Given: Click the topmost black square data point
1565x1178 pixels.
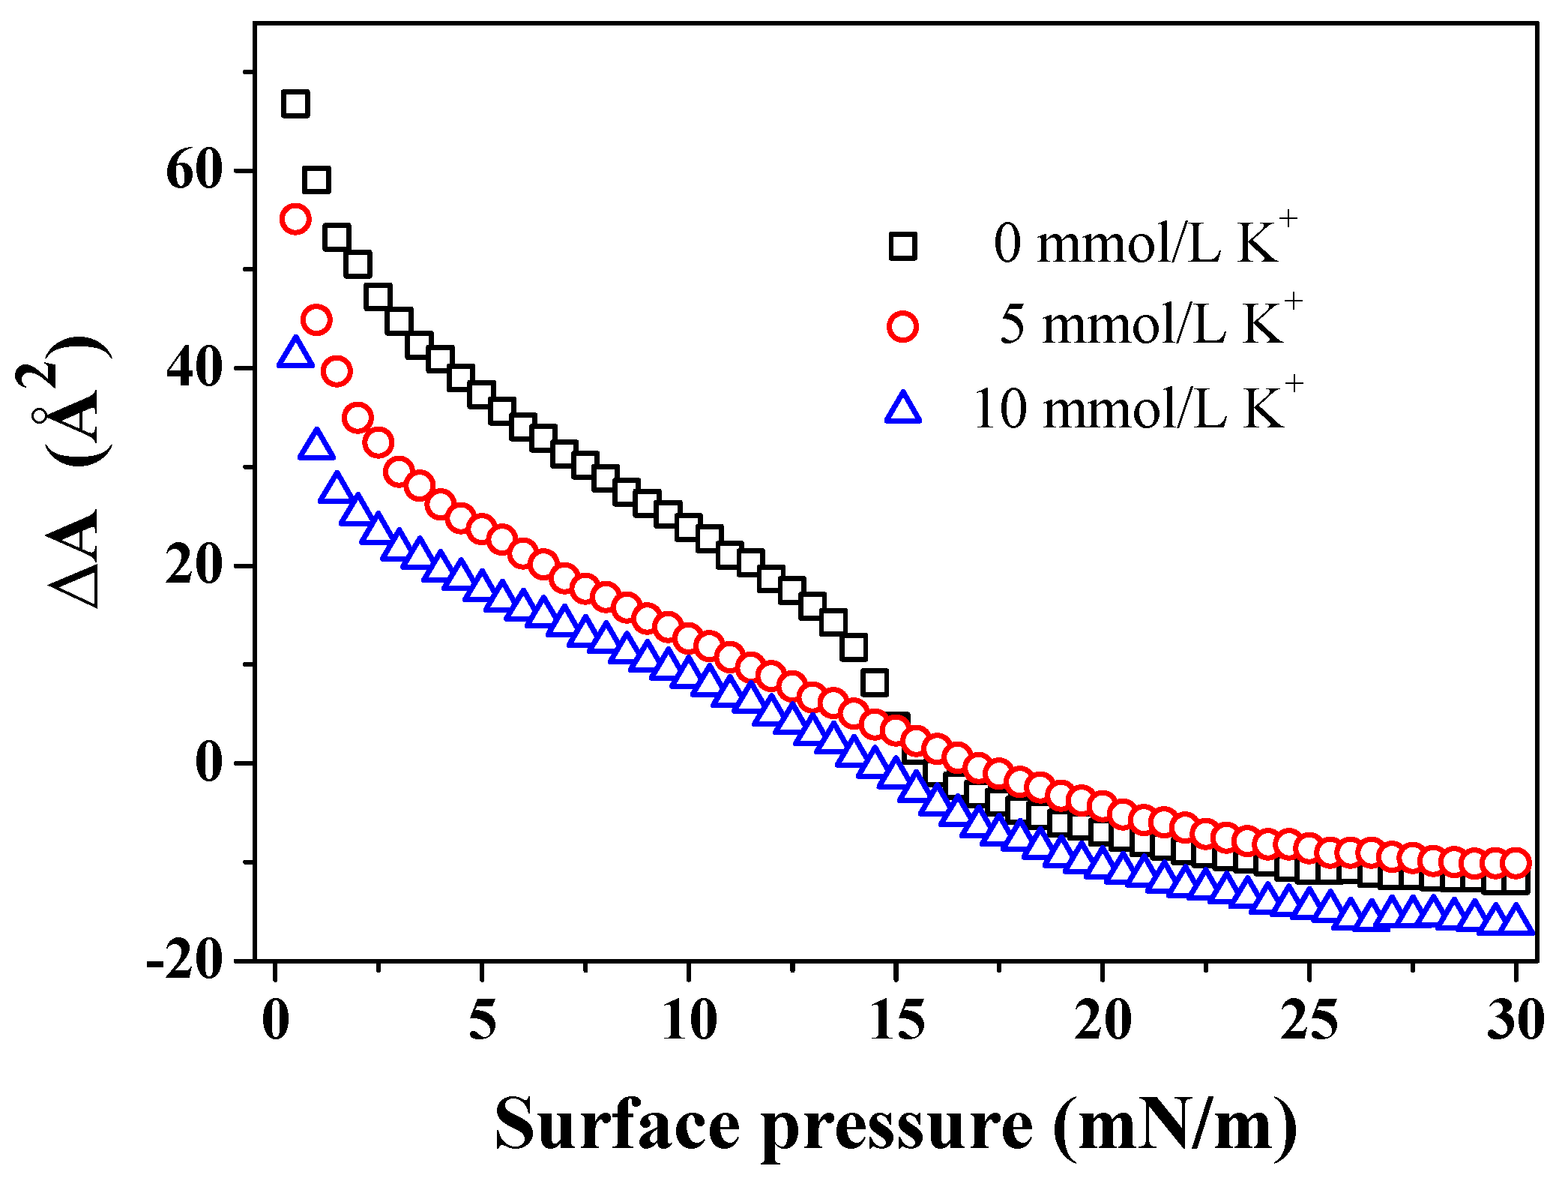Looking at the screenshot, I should (295, 103).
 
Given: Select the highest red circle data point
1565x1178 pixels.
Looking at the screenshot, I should (295, 219).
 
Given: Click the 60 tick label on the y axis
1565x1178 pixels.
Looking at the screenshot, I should (194, 170).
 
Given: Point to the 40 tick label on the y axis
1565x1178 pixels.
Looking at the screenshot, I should (194, 368).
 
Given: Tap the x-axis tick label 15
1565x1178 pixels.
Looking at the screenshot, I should (896, 1021).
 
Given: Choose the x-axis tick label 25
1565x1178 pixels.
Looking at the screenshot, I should (1309, 1021).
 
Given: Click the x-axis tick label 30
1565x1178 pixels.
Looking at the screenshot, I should (1516, 1021).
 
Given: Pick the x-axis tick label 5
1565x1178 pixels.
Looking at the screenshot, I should (482, 1021).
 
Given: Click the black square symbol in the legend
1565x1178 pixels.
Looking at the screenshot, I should (903, 245).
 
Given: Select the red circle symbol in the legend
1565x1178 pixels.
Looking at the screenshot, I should (903, 327).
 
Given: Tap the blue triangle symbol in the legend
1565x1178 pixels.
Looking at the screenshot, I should (903, 409).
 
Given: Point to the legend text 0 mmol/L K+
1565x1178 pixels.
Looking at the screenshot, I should (1145, 242).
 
